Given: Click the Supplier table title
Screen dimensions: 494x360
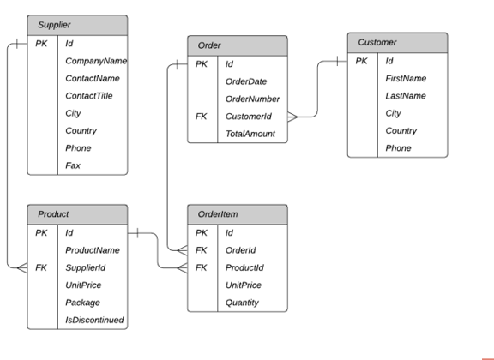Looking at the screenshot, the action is pyautogui.click(x=54, y=25).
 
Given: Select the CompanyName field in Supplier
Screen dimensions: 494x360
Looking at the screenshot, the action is pyautogui.click(x=96, y=61).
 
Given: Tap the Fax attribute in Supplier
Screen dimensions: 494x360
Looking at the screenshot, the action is pyautogui.click(x=73, y=165).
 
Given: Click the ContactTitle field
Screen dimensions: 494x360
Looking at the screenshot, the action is pyautogui.click(x=89, y=96).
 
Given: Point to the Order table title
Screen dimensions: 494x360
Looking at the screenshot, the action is pyautogui.click(x=209, y=45).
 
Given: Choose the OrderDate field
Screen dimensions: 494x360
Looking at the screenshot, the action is pyautogui.click(x=246, y=81).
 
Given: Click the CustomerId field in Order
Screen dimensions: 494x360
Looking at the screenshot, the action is pyautogui.click(x=248, y=117).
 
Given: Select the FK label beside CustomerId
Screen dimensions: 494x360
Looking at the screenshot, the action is pyautogui.click(x=201, y=117).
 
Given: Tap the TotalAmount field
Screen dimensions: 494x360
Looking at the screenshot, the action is pyautogui.click(x=250, y=134).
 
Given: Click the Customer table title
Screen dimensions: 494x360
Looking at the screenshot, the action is pyautogui.click(x=377, y=42).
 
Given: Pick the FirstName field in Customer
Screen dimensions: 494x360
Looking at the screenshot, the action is pyautogui.click(x=406, y=78).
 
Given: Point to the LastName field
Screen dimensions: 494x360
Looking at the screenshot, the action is pyautogui.click(x=406, y=96).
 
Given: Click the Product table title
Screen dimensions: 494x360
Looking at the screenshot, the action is pyautogui.click(x=53, y=214).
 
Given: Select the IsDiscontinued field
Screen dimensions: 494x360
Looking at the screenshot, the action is pyautogui.click(x=94, y=320).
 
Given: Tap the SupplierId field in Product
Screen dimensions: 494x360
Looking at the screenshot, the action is pyautogui.click(x=86, y=267).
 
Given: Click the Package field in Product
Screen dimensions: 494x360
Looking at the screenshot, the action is pyautogui.click(x=82, y=303).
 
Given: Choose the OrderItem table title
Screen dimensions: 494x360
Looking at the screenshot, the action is pyautogui.click(x=218, y=214).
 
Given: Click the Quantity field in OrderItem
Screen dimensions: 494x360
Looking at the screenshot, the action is pyautogui.click(x=242, y=303).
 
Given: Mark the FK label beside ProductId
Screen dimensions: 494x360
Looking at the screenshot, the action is pyautogui.click(x=201, y=267).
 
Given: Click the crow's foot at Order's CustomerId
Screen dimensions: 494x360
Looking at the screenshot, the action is pyautogui.click(x=292, y=117).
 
